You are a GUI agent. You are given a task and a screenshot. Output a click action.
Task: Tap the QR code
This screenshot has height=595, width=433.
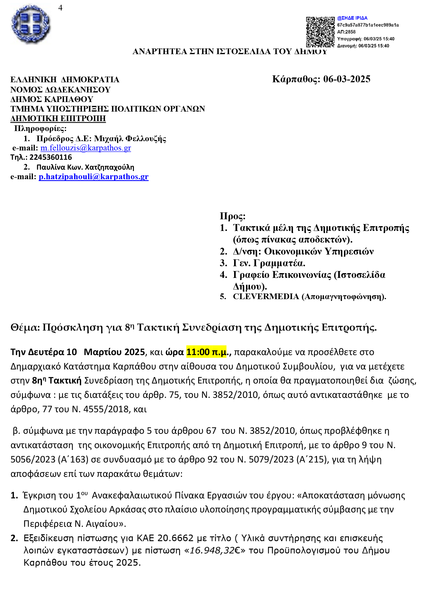pyautogui.click(x=320, y=32)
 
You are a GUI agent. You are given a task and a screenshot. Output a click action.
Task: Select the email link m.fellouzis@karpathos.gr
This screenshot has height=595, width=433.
pyautogui.click(x=86, y=148)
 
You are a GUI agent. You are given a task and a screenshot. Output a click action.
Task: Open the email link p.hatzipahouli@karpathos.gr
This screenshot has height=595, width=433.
pyautogui.click(x=94, y=177)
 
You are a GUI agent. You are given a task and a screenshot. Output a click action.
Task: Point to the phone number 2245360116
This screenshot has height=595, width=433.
pyautogui.click(x=51, y=157)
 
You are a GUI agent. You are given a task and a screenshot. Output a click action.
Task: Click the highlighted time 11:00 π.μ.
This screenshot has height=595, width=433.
pyautogui.click(x=206, y=352)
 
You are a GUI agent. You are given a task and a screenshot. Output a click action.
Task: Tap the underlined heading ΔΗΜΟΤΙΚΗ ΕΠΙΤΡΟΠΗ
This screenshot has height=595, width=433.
pyautogui.click(x=58, y=118)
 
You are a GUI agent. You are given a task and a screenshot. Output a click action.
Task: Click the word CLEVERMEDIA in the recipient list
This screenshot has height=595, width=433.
pyautogui.click(x=266, y=296)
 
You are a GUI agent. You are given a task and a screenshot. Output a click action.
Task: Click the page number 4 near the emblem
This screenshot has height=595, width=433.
pyautogui.click(x=60, y=8)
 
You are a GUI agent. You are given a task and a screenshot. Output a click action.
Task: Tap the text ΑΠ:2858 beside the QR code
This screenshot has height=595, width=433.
pyautogui.click(x=346, y=32)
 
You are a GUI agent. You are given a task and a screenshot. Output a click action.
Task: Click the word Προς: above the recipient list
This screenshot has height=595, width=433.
pyautogui.click(x=232, y=216)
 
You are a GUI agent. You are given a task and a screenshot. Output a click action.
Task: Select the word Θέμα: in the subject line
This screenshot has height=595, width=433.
pyautogui.click(x=25, y=328)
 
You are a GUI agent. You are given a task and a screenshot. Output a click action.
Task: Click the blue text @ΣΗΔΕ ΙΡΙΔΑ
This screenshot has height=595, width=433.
pyautogui.click(x=352, y=18)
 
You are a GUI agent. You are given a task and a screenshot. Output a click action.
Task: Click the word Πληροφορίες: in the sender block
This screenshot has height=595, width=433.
pyautogui.click(x=40, y=129)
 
